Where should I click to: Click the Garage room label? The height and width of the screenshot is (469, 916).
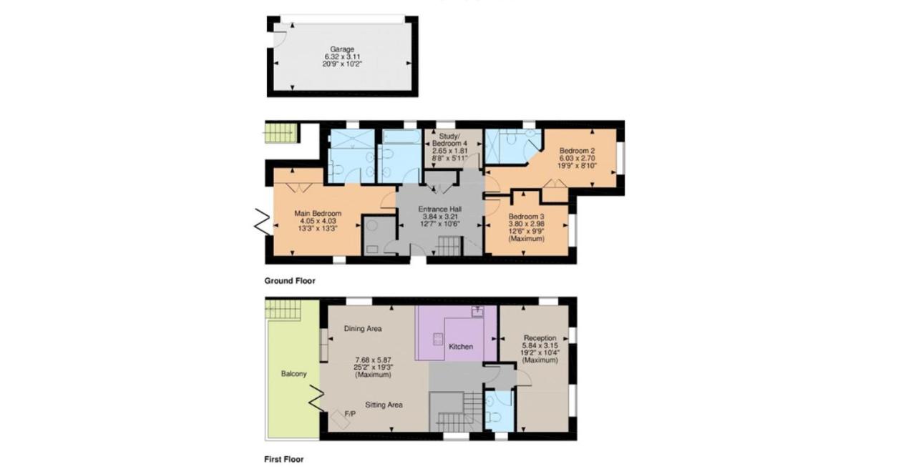(342, 49)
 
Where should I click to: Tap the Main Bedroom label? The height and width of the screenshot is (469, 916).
(318, 213)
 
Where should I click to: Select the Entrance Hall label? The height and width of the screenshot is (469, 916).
(439, 209)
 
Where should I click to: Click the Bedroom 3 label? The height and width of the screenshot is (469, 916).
(526, 217)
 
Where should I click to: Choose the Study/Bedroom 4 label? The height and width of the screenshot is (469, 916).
(449, 139)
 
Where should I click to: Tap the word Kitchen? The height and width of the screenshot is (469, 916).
(461, 347)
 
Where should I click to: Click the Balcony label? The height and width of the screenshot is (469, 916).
(293, 374)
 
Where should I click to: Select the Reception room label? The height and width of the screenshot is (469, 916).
(540, 338)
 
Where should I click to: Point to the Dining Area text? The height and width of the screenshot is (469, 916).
(363, 328)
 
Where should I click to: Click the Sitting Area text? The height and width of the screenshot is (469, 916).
(384, 405)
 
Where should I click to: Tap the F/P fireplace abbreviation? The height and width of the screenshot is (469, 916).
(350, 414)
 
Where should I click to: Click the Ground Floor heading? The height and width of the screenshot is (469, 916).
(290, 281)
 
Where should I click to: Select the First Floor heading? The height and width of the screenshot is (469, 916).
(284, 459)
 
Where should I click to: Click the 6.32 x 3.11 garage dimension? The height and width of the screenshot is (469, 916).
(342, 56)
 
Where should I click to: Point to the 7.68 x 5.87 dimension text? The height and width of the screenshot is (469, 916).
(373, 360)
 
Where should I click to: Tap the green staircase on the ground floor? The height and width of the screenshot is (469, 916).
(281, 134)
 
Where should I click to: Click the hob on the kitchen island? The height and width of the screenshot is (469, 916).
(438, 339)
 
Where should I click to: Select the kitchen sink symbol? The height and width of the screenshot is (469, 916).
(477, 311)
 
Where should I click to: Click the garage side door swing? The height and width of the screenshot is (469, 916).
(280, 39)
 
